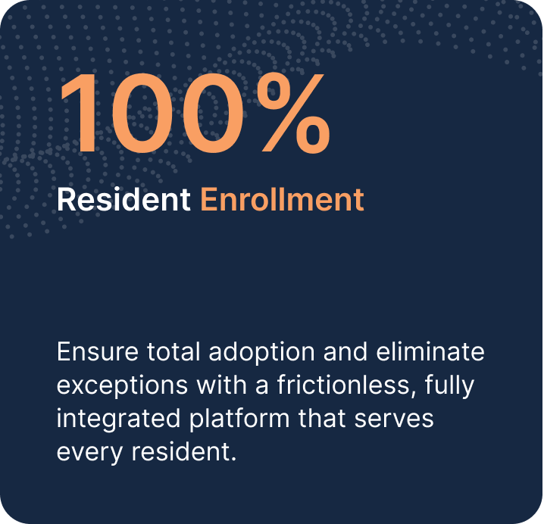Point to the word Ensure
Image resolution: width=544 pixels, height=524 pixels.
(98, 351)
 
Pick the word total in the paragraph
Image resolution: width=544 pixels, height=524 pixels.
(174, 351)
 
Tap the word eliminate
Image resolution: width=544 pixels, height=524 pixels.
(430, 351)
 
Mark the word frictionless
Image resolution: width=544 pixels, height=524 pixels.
(343, 385)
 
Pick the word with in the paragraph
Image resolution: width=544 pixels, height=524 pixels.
(222, 385)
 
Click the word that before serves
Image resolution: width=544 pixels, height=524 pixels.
(321, 418)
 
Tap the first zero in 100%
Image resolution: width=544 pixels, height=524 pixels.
(142, 113)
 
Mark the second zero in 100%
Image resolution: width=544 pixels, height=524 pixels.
(214, 113)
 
